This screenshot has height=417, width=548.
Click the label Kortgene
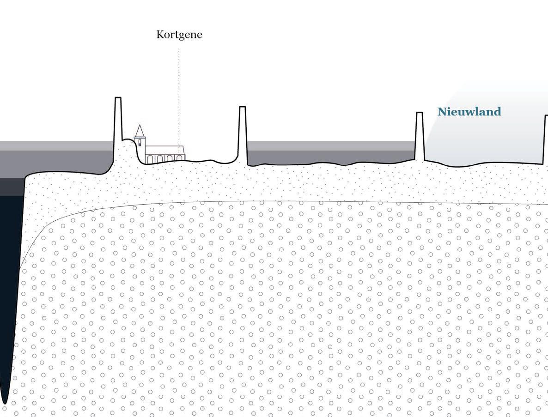(179, 35)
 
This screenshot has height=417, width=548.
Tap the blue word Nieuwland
(469, 112)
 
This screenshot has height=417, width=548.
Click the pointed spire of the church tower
(140, 131)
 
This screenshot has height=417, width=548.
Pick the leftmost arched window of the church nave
(150, 159)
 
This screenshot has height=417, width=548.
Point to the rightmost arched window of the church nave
(179, 158)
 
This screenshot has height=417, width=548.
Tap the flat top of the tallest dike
(118, 98)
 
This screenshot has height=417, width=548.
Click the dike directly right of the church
(242, 134)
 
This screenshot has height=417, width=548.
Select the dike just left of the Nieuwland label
(419, 136)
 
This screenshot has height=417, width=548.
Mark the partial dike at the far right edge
(546, 139)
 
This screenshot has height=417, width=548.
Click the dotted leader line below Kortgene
(179, 92)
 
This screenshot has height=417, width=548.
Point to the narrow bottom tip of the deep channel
(5, 400)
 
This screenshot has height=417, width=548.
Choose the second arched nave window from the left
(160, 159)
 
